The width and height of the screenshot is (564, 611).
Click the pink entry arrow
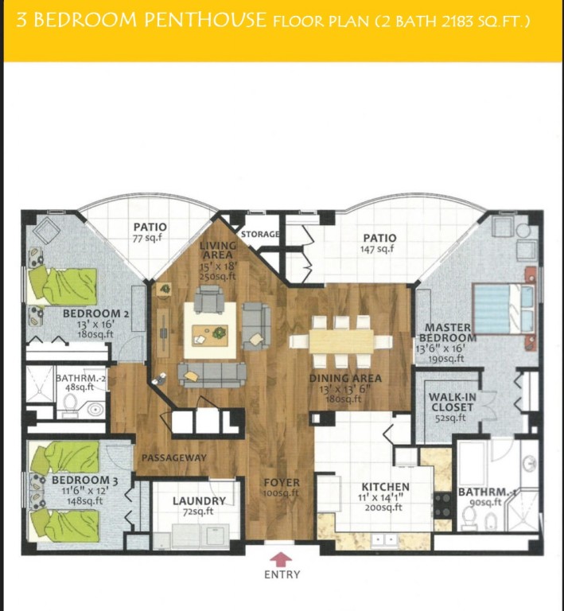point(281,559)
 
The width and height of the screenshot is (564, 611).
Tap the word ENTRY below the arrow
point(282,574)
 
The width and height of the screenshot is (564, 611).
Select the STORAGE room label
point(260,234)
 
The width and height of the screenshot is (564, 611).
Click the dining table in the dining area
point(341,342)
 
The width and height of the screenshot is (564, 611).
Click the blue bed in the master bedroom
point(504,309)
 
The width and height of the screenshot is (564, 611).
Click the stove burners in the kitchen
point(443,505)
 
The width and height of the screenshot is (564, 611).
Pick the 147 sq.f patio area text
point(376,248)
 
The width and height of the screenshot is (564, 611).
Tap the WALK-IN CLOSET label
point(451,402)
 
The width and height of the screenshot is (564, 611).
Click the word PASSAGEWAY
point(174,458)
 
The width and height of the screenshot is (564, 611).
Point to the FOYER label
point(282,483)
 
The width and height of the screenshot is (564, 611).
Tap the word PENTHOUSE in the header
point(205,19)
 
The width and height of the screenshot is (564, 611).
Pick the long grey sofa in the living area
point(212,375)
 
